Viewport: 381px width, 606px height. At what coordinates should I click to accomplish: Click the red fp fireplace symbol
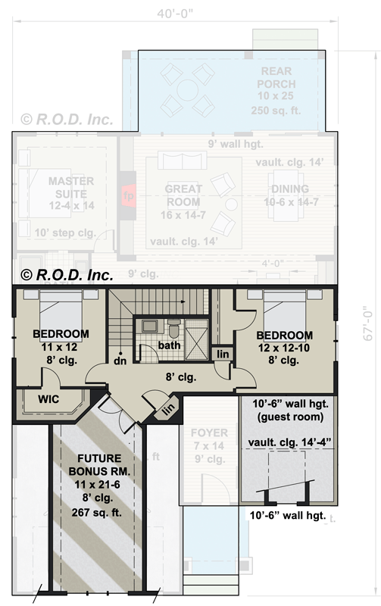[x=128, y=195]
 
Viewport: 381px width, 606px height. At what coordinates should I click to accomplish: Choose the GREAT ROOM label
[x=183, y=195]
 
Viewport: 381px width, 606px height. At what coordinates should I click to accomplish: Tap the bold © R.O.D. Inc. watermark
[x=67, y=275]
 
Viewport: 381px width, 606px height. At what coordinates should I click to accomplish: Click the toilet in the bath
[x=173, y=330]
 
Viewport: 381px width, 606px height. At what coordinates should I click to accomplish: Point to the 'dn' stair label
[x=119, y=361]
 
